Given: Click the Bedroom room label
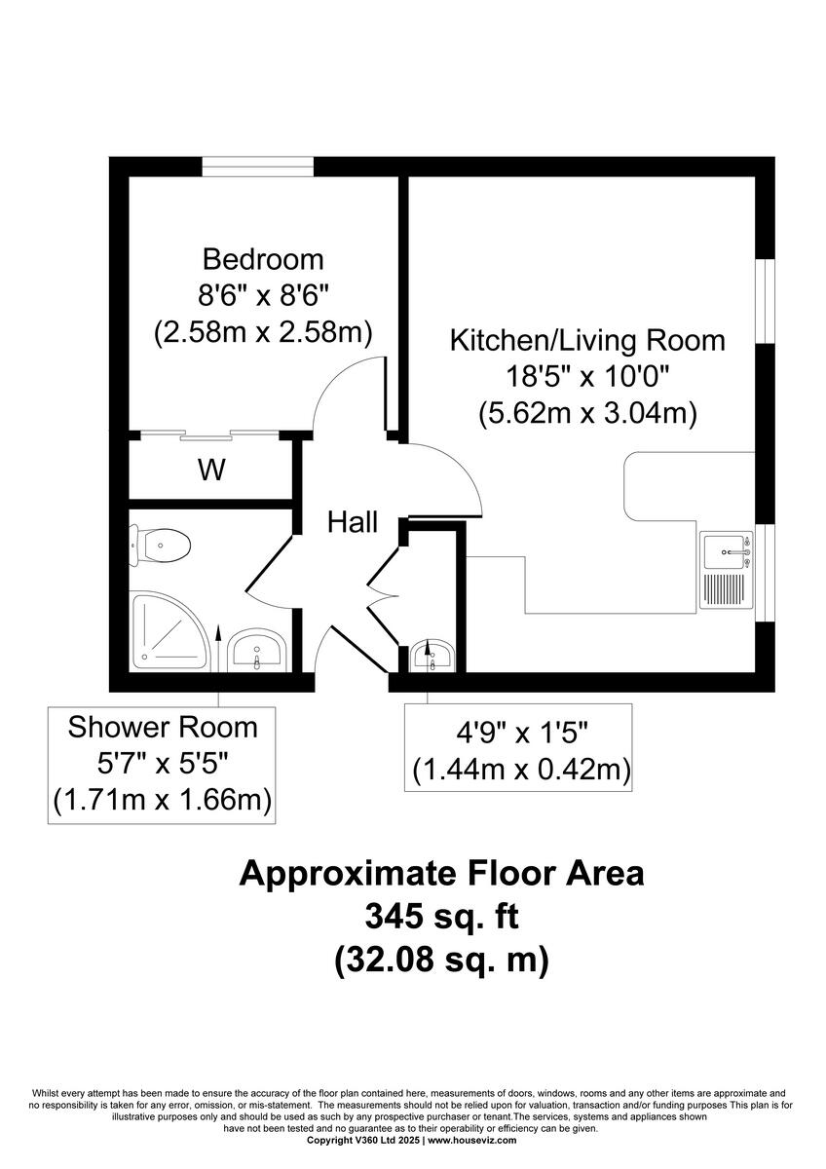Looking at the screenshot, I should (262, 260).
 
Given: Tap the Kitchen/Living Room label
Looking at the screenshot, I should (586, 341).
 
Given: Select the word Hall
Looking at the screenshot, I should (352, 522).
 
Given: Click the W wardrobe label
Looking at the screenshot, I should (211, 471).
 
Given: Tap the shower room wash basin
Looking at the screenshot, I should (256, 650).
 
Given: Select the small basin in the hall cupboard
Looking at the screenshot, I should (430, 655).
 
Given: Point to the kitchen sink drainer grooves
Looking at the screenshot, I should (723, 590).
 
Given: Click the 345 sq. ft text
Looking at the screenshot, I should (441, 917).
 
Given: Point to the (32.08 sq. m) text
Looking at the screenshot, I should (441, 960).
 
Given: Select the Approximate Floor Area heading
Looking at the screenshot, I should (441, 873).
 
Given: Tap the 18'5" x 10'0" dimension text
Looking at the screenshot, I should (586, 377).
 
